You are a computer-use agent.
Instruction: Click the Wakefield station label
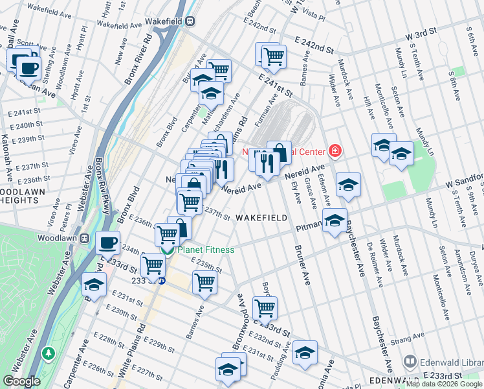[x=164, y=21]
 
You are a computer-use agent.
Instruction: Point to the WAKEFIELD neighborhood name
[x=261, y=218]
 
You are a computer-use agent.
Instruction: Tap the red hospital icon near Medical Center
[x=335, y=152]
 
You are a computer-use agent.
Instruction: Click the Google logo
[x=21, y=381]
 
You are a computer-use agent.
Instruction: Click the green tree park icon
[x=48, y=353]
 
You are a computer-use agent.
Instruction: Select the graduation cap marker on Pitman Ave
[x=335, y=221]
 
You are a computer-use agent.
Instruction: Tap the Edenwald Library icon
[x=410, y=360]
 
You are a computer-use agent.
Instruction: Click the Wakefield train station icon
[x=190, y=21]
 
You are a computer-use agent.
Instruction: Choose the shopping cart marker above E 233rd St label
[x=264, y=308]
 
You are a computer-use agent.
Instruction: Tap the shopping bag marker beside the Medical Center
[x=280, y=153]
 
